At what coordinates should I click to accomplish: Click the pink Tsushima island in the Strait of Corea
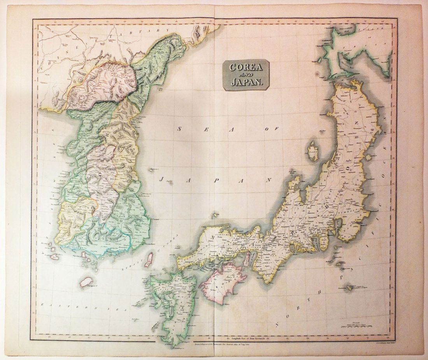(149, 260)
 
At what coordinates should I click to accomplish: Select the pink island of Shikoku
(224, 281)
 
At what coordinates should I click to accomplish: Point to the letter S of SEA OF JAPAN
(180, 128)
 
